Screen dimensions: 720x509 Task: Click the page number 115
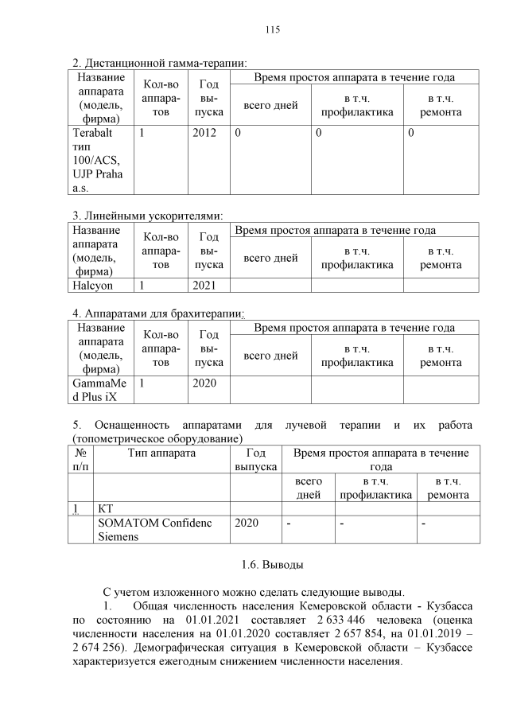pyautogui.click(x=272, y=30)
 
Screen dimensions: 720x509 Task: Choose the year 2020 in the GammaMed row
pyautogui.click(x=204, y=383)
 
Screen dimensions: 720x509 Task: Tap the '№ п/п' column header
pyautogui.click(x=80, y=461)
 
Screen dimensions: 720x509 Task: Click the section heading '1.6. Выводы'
pyautogui.click(x=272, y=565)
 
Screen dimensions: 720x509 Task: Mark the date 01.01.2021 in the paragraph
pyautogui.click(x=212, y=619)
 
